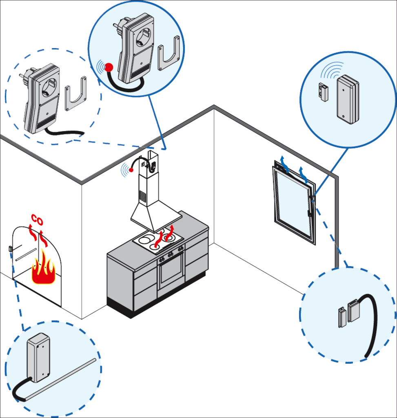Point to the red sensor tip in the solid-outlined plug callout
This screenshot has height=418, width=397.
point(109,67)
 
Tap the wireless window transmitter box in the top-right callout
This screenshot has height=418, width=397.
point(348,100)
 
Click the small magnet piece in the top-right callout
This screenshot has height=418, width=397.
point(323,92)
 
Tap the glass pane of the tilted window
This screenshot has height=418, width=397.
point(294,204)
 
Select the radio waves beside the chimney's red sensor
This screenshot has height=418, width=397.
point(125,170)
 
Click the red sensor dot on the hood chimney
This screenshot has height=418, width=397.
point(131,170)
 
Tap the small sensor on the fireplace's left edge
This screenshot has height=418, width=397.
point(10,248)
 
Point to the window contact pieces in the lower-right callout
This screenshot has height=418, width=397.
point(348,313)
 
